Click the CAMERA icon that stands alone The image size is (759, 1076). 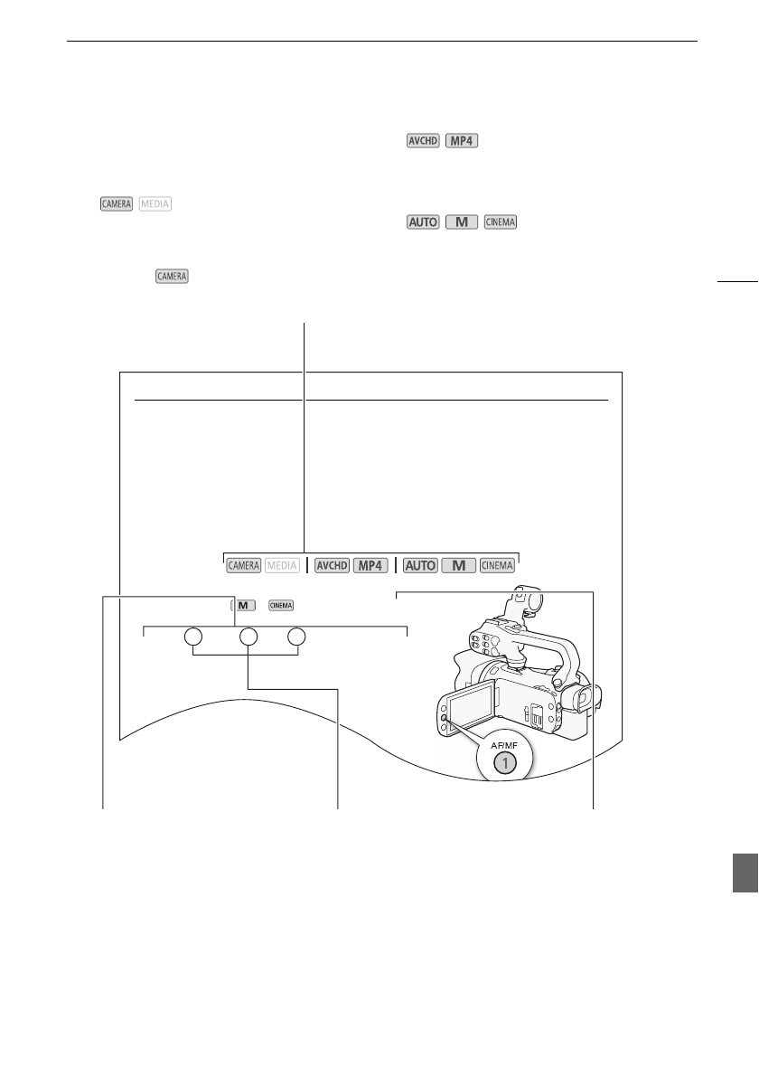point(172,276)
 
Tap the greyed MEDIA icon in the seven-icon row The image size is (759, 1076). point(282,565)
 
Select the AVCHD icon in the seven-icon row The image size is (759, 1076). point(332,565)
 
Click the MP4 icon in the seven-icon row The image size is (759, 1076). point(370,565)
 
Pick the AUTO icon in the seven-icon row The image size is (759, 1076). point(420,565)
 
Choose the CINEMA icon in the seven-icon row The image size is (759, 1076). point(497,565)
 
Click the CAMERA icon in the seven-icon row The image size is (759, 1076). point(243,565)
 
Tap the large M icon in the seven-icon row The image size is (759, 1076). point(459,565)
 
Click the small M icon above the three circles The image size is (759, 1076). point(243,605)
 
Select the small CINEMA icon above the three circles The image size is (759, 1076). point(281,605)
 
